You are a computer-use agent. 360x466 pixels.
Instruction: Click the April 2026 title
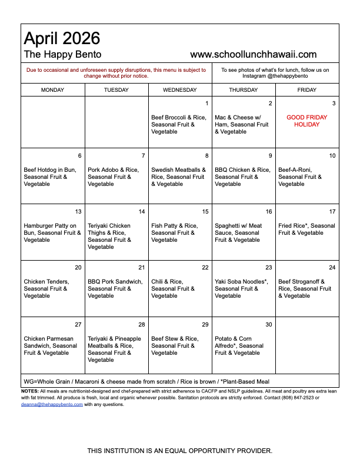[62, 39]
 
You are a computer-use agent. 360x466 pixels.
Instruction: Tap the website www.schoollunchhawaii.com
[254, 54]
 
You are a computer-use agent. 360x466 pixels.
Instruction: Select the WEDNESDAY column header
[180, 90]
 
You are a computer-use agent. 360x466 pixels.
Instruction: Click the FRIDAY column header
[307, 90]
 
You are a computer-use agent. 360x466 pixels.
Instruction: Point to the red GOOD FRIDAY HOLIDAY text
[307, 121]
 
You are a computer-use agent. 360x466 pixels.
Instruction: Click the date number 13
[78, 212]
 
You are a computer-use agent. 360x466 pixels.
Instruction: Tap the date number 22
[205, 268]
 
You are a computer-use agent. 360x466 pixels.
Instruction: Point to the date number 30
[269, 325]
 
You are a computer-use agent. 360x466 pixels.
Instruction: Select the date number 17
[332, 212]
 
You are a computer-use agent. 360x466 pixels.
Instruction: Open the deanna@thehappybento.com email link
[52, 404]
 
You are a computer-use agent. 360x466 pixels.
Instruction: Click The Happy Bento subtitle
[62, 54]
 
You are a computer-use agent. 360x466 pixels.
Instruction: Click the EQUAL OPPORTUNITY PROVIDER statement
[180, 451]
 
